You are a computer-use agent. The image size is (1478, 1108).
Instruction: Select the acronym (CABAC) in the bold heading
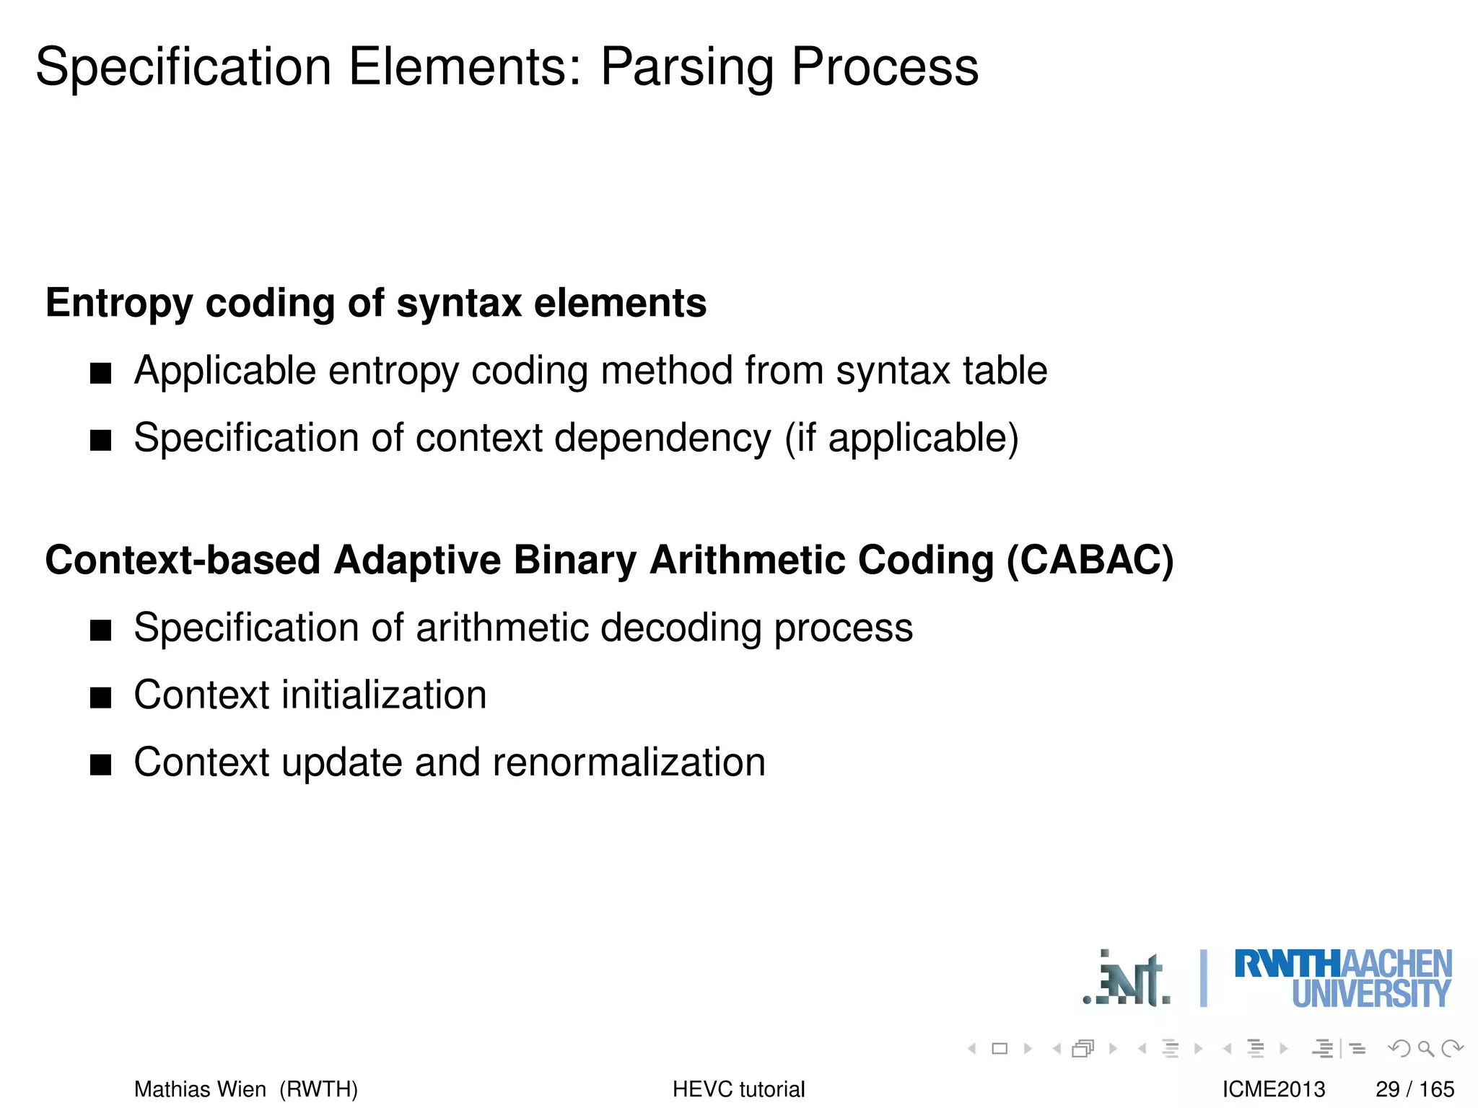click(x=1090, y=560)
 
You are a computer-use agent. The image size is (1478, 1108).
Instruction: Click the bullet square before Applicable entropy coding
click(x=101, y=373)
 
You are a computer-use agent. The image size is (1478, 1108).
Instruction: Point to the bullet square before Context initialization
click(x=101, y=698)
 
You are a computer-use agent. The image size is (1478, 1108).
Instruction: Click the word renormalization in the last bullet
click(x=628, y=762)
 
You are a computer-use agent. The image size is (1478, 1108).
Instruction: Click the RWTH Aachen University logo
click(x=1342, y=978)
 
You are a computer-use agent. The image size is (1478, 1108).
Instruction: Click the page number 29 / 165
click(x=1414, y=1089)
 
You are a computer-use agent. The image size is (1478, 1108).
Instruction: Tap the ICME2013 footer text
click(x=1274, y=1089)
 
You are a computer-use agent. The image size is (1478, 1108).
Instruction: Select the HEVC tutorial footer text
click(x=738, y=1089)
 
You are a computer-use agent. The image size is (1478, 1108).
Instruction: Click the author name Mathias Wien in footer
click(x=200, y=1089)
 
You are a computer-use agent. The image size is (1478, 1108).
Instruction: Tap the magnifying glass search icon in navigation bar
click(x=1425, y=1048)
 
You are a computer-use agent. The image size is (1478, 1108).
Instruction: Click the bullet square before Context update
click(x=101, y=765)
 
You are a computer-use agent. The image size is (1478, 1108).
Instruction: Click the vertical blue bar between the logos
click(x=1203, y=978)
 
